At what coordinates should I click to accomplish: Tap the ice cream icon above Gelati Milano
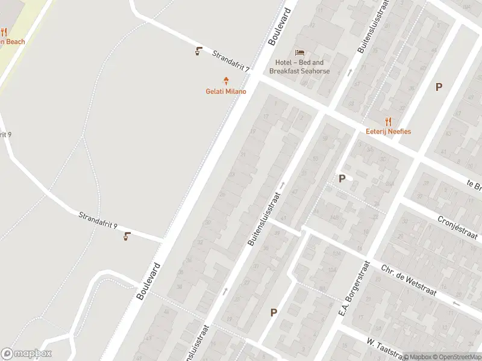[227, 81]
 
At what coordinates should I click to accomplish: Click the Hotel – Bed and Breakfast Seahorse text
[299, 67]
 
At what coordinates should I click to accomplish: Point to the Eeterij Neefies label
[389, 131]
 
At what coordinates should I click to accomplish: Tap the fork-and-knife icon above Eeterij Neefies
[389, 121]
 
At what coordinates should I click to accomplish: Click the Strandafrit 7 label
[231, 61]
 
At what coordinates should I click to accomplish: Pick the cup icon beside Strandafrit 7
[199, 51]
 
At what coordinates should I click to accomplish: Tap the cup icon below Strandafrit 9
[127, 236]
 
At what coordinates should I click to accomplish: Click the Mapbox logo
[27, 354]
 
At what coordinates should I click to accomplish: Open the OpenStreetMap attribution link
[456, 357]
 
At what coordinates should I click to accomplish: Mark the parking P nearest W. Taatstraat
[274, 312]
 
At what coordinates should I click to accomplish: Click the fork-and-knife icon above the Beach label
[4, 32]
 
